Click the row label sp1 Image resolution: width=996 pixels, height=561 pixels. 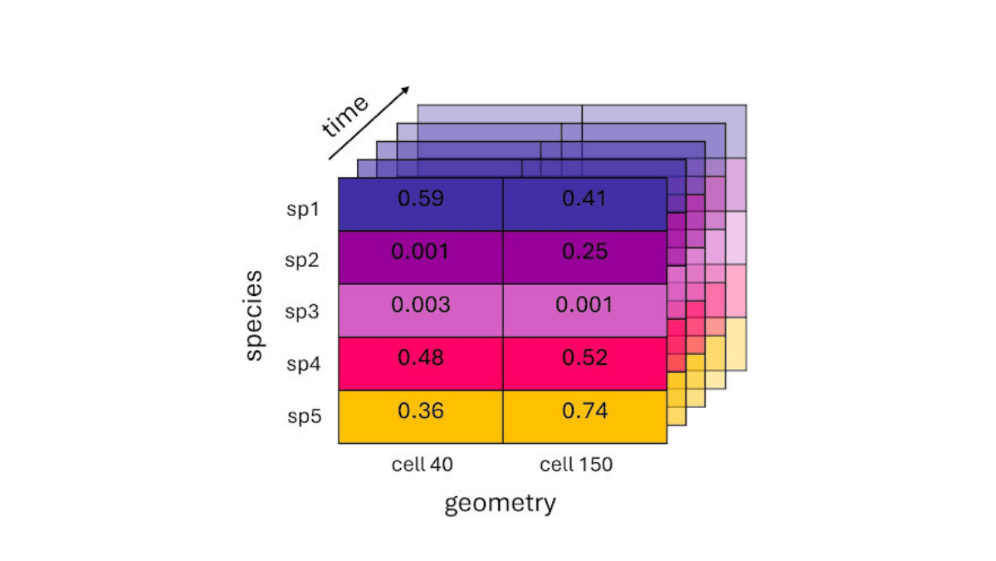click(x=302, y=209)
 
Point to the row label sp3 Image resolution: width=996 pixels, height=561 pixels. click(x=302, y=312)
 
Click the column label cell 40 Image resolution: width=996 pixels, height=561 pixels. click(x=422, y=465)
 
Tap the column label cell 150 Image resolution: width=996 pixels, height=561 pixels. click(x=576, y=465)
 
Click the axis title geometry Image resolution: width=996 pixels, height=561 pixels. click(x=500, y=504)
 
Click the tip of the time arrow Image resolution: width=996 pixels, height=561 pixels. click(x=409, y=86)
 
